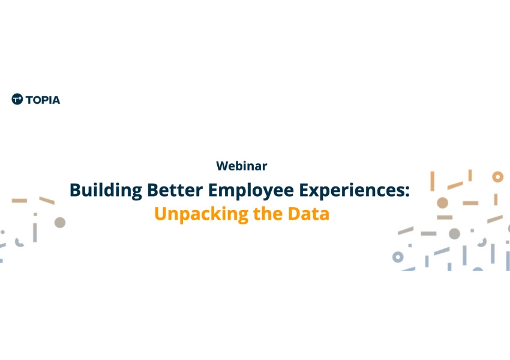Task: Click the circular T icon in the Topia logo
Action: [17, 99]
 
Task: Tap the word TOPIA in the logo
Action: [43, 100]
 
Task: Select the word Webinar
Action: [242, 166]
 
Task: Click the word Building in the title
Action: [106, 191]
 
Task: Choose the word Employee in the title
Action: [251, 191]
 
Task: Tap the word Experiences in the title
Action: [352, 191]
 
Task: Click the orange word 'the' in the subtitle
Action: [268, 214]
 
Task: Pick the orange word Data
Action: [308, 214]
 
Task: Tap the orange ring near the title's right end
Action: [497, 177]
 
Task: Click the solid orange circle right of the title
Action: [442, 203]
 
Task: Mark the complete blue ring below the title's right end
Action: [398, 257]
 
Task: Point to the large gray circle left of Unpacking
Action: [60, 223]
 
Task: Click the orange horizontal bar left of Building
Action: [20, 200]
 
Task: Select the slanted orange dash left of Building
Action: [47, 200]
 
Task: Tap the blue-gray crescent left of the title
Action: [19, 242]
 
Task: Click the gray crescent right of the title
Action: [482, 242]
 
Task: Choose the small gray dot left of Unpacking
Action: [35, 214]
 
